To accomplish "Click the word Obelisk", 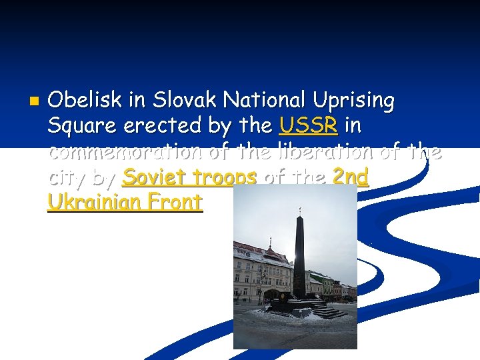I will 85,101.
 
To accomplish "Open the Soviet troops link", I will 191,177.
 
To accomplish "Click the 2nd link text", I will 350,177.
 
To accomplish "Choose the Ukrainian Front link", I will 125,202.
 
